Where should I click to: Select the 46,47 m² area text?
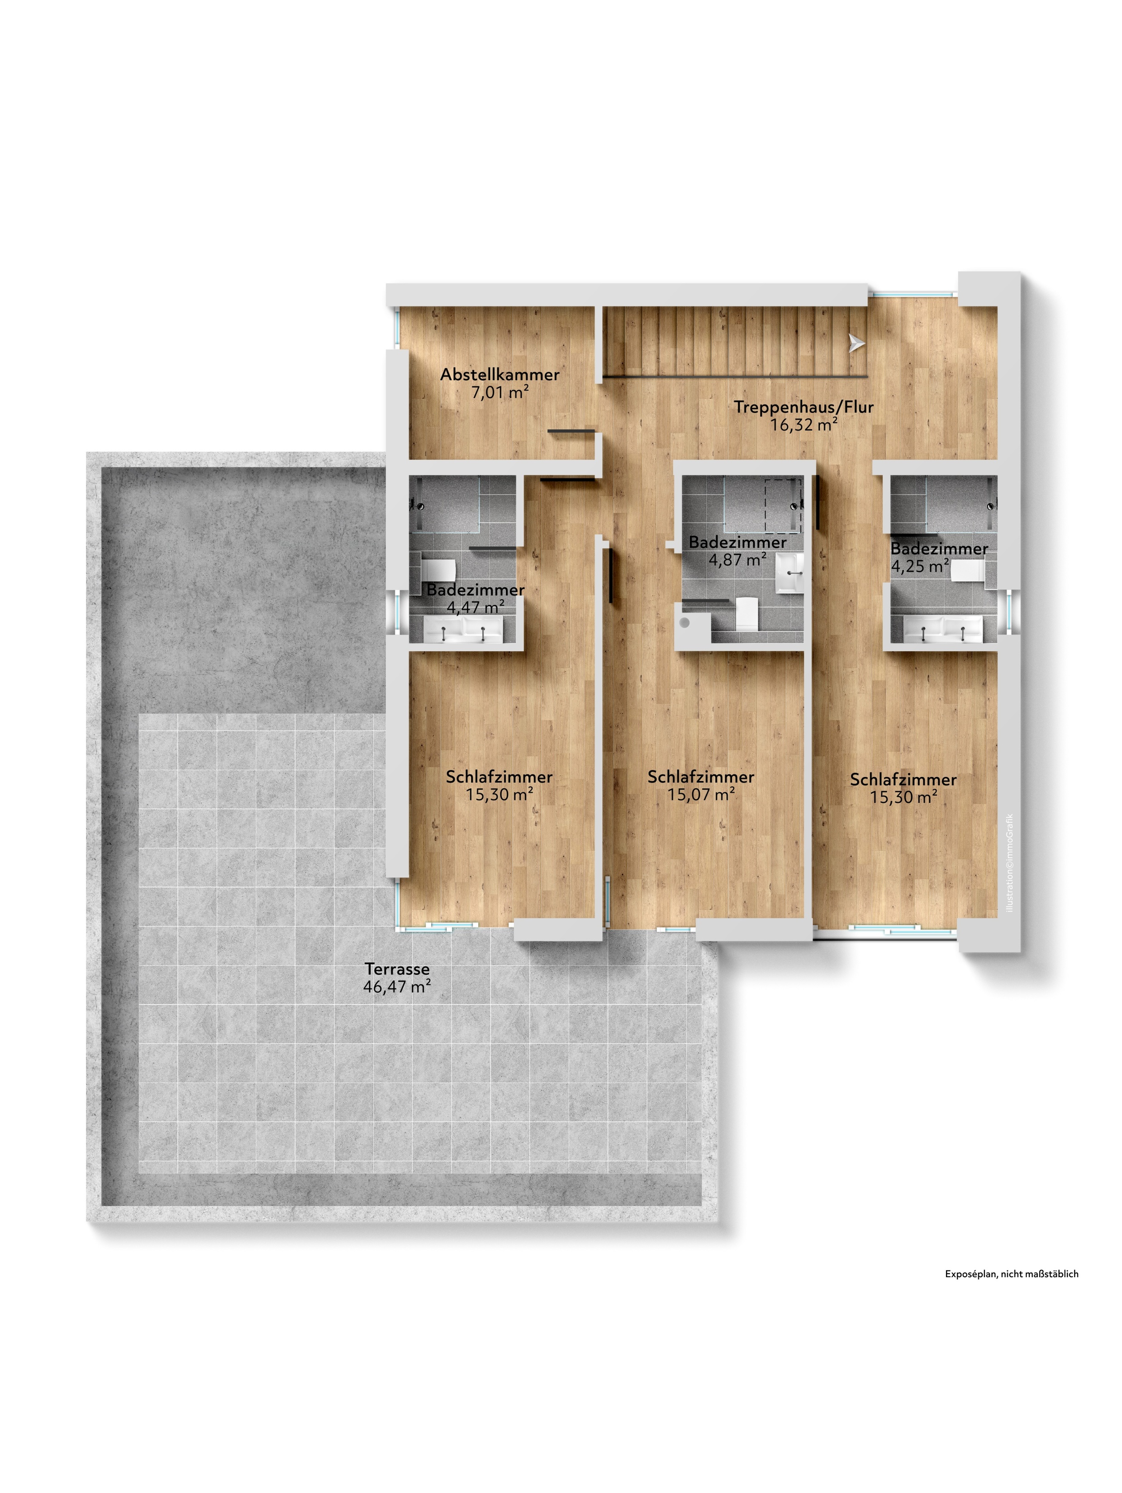coord(397,986)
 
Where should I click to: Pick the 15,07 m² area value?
coord(701,794)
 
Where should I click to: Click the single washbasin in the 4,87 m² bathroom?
coord(789,572)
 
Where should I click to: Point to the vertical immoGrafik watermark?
coord(1009,862)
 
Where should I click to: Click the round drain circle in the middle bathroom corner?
coord(685,622)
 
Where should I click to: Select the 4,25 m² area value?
coord(920,566)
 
